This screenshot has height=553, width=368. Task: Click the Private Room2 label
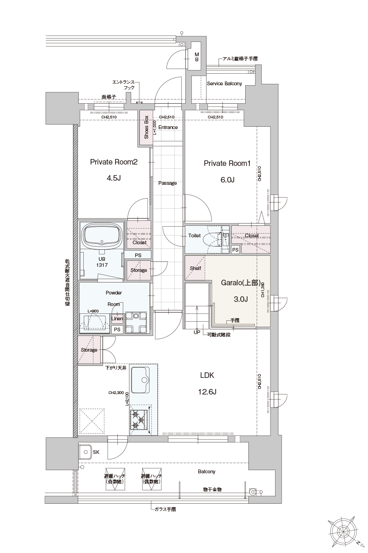point(114,162)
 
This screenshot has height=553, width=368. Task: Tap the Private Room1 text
point(227,163)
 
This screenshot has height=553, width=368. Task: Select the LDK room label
point(207,376)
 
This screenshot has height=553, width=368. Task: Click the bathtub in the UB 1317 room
point(102,236)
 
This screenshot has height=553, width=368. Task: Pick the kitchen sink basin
point(144,380)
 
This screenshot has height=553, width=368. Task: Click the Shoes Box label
point(146,127)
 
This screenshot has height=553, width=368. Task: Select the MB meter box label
point(196,57)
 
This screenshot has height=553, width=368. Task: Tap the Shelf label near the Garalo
point(195,268)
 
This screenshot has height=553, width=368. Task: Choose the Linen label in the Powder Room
point(117,318)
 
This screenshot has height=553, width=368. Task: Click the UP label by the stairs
point(197,332)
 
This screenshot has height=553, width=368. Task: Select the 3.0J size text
point(241,299)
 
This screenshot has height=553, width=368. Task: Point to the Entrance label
point(168,127)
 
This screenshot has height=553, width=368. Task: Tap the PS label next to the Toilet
point(235,250)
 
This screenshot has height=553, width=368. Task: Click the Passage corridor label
point(167,183)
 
